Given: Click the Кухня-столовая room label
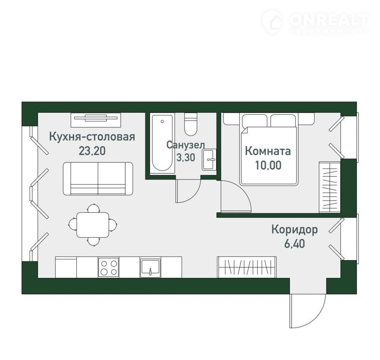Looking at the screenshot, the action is pyautogui.click(x=92, y=137).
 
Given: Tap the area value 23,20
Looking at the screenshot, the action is pyautogui.click(x=92, y=151).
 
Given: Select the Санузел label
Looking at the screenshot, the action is pyautogui.click(x=186, y=145).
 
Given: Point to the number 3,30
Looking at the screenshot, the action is pyautogui.click(x=186, y=157).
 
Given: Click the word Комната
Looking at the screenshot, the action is pyautogui.click(x=268, y=151).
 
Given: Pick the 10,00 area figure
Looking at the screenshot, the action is pyautogui.click(x=268, y=165).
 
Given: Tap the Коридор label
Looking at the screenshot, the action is pyautogui.click(x=294, y=229).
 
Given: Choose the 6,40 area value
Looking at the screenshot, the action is pyautogui.click(x=294, y=243).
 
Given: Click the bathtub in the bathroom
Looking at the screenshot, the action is pyautogui.click(x=162, y=143).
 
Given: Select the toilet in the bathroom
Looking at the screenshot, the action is pyautogui.click(x=191, y=124).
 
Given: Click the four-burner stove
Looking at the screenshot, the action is pyautogui.click(x=108, y=267).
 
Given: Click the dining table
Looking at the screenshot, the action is pyautogui.click(x=93, y=225).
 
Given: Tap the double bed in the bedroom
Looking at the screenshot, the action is pyautogui.click(x=269, y=149).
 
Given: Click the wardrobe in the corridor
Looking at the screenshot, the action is pyautogui.click(x=247, y=267).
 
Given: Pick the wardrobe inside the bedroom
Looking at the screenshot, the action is pyautogui.click(x=330, y=187).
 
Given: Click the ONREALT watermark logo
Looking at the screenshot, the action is pyautogui.click(x=315, y=22).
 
